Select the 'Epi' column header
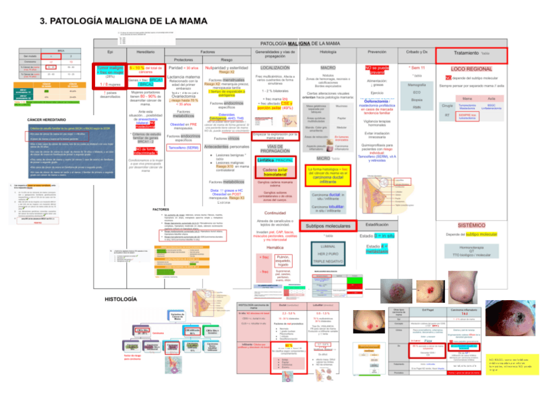point(110,52)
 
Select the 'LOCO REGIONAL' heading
point(472,69)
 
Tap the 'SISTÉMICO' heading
point(471,224)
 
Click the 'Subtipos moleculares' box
point(328,226)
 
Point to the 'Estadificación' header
point(377,224)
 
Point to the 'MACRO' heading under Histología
point(328,67)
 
